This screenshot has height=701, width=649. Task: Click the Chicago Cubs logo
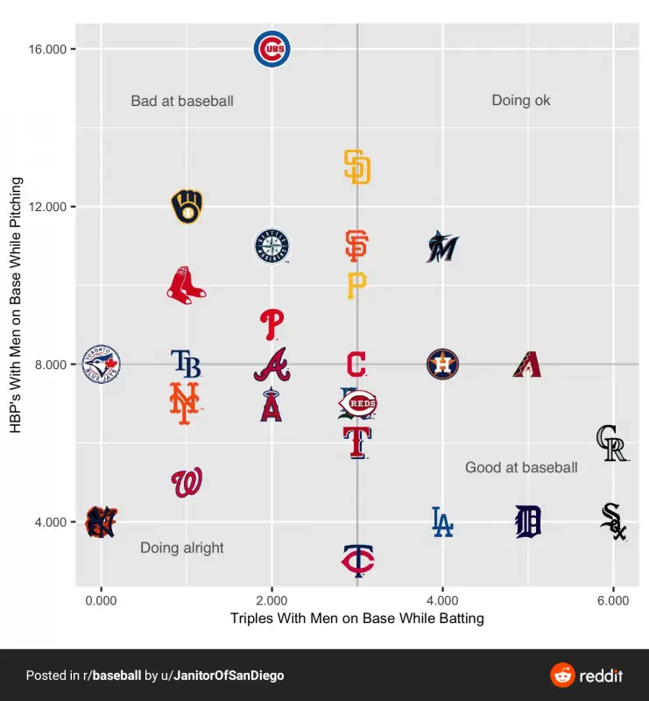[x=272, y=50]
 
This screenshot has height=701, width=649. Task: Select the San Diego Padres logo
[x=356, y=166]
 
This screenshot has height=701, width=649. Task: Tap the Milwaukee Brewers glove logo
[x=187, y=207]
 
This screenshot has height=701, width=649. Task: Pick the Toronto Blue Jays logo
[x=102, y=364]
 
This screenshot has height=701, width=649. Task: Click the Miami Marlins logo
[x=442, y=247]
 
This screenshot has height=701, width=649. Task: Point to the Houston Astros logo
[x=442, y=364]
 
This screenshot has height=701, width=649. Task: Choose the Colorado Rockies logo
[x=610, y=443]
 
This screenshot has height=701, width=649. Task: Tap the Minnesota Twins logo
[x=357, y=560]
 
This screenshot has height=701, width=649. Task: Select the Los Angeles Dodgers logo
[x=442, y=521]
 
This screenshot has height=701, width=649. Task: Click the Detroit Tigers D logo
[x=527, y=521]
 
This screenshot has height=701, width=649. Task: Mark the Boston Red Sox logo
[x=186, y=286]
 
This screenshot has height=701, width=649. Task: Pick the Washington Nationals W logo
[x=187, y=483]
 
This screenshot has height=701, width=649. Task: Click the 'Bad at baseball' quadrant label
[x=182, y=101]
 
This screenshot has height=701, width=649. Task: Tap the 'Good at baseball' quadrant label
[x=521, y=467]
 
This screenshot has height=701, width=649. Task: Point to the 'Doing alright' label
[x=182, y=548]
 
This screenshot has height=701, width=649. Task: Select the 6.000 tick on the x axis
[x=613, y=600]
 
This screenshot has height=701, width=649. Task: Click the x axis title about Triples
[x=356, y=618]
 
